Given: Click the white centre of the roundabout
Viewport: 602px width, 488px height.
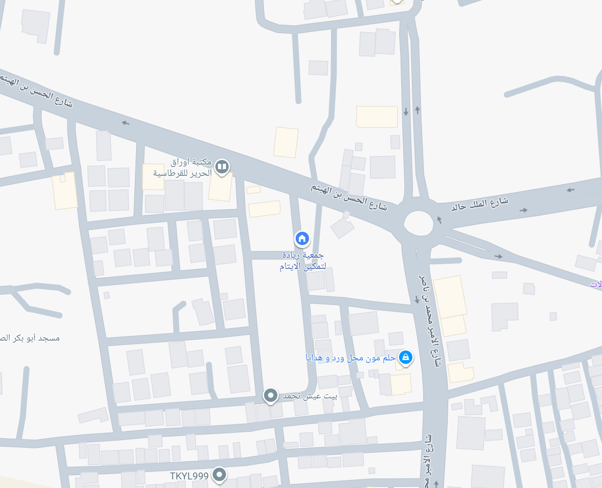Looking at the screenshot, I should click(x=418, y=223).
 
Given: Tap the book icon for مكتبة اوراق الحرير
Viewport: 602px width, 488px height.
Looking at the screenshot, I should click(x=222, y=167).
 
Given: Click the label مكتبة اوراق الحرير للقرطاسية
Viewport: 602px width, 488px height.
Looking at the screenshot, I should click(x=183, y=167).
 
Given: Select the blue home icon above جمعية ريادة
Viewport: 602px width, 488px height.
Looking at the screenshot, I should click(x=302, y=238).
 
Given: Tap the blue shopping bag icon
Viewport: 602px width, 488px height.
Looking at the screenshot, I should click(x=406, y=356).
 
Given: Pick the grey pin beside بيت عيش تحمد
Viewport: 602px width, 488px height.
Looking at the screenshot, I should click(x=271, y=395).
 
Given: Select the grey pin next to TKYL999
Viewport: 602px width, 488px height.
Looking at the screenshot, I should click(x=219, y=474).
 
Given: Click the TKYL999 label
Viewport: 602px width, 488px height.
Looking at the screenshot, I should click(x=189, y=476).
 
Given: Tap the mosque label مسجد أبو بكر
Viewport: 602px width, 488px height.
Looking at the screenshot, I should click(x=30, y=338).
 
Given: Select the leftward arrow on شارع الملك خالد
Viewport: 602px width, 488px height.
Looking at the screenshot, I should click(x=571, y=189).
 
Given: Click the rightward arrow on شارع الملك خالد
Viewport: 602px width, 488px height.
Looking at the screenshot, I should click(x=523, y=210).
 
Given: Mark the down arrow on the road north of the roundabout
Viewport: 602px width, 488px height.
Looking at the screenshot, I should click(x=406, y=111).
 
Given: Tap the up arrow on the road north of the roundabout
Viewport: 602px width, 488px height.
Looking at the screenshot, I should click(x=417, y=110).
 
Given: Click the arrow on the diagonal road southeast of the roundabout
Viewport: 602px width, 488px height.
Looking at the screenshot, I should click(x=499, y=256).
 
